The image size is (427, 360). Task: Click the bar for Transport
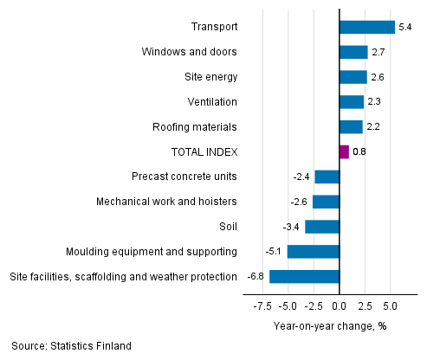(366, 27)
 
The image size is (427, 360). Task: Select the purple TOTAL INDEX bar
(344, 152)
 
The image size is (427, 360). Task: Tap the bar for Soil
(322, 227)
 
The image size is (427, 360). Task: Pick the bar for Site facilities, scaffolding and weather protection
(304, 277)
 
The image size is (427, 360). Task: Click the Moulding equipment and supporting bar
(313, 252)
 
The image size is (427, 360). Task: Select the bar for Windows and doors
(353, 52)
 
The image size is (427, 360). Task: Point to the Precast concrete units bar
(327, 177)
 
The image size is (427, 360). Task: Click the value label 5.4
(404, 28)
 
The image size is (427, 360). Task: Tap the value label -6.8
(256, 278)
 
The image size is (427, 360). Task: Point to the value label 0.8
(359, 152)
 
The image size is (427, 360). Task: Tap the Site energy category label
(210, 77)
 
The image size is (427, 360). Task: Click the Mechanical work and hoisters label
(166, 202)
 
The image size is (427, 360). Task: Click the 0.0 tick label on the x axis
(340, 305)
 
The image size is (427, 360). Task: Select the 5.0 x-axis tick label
(390, 305)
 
